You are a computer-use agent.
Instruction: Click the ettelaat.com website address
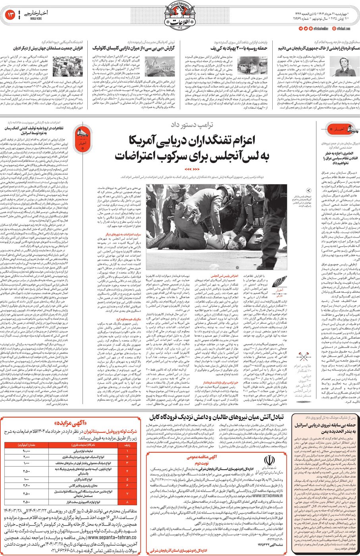click(343, 29)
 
